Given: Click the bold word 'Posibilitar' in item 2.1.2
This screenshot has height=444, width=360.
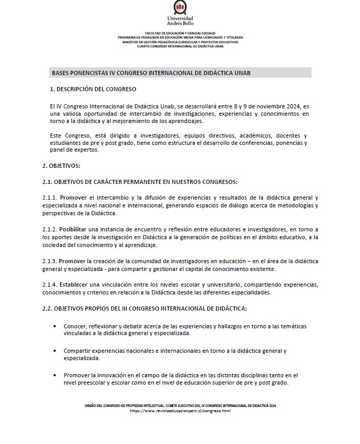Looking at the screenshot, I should coord(72,229).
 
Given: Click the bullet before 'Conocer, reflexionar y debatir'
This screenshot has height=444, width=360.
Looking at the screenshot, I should coord(56,326).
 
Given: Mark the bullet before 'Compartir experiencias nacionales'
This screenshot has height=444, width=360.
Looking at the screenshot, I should coord(56,351).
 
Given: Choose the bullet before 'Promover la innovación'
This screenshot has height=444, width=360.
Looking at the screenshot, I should coord(56,375).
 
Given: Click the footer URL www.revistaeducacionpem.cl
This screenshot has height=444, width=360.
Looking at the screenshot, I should coord(180,411).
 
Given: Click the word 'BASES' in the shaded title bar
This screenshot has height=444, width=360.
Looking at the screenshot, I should coord(61,72).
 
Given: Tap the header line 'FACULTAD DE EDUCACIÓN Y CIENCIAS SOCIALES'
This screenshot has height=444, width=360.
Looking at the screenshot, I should coord(180,33).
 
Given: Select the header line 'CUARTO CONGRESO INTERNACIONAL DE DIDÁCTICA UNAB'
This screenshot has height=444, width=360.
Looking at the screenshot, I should coord(180,46).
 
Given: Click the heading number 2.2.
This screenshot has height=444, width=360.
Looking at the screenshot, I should coord(47,309).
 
